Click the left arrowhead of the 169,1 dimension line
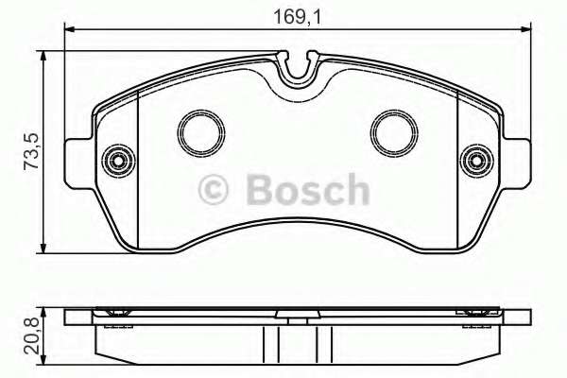click(71, 33)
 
